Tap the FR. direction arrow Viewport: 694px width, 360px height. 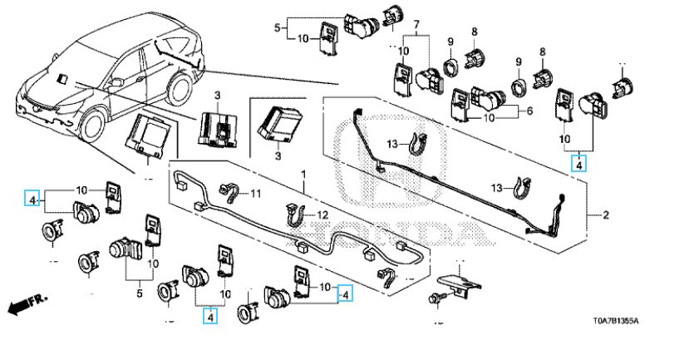pyautogui.click(x=27, y=303)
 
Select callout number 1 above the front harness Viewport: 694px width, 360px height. pyautogui.click(x=303, y=175)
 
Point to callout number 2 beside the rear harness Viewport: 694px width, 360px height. pyautogui.click(x=606, y=216)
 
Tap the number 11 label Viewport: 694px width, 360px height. pyautogui.click(x=255, y=194)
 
